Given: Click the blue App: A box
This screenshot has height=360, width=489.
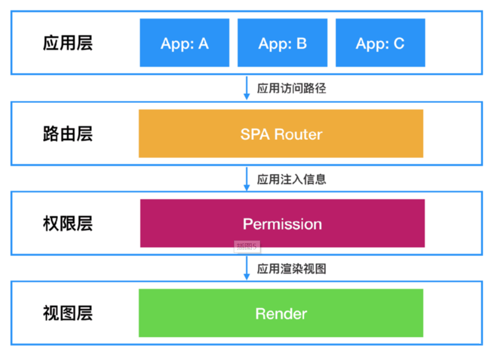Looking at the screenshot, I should (x=185, y=43).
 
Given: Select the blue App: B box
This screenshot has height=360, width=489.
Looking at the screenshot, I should (x=282, y=43).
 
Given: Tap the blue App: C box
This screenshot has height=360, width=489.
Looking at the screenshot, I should (x=380, y=43).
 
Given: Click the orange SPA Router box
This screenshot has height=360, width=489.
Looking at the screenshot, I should (x=281, y=134).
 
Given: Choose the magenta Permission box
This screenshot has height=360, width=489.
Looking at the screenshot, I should (x=282, y=223).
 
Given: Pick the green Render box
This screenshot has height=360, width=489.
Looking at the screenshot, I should (x=281, y=313).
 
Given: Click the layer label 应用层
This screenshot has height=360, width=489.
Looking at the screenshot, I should (x=68, y=43).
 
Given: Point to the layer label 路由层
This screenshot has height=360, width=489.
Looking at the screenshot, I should (x=68, y=134).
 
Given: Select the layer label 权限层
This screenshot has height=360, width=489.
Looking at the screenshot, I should (x=68, y=224).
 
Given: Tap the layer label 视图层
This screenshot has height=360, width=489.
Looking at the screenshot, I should (x=68, y=313).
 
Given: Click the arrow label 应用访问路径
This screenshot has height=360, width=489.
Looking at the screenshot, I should (x=292, y=89).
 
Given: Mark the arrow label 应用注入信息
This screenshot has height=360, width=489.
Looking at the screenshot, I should (x=292, y=179).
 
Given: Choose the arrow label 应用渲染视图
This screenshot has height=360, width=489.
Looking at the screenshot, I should (x=292, y=269).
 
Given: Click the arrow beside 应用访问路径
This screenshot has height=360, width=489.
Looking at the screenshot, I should (x=247, y=88).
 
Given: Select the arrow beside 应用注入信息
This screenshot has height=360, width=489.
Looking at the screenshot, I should (x=247, y=179).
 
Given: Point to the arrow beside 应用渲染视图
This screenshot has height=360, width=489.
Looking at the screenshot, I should (x=247, y=268).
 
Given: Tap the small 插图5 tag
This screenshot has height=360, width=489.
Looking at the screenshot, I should (x=247, y=247).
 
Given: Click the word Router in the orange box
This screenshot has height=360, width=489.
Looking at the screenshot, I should (x=298, y=134).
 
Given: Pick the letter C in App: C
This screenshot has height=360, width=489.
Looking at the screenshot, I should (x=399, y=44).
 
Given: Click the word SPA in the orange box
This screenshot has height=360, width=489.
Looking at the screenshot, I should (x=255, y=134).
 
